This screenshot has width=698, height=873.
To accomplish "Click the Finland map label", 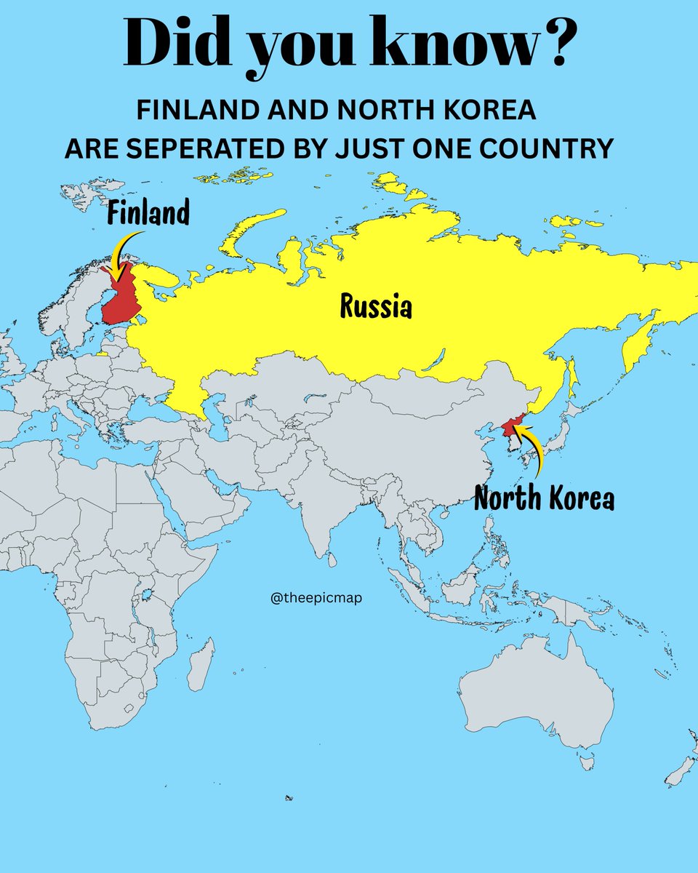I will click(x=148, y=213).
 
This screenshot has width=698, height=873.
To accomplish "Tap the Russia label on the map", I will click(x=376, y=308).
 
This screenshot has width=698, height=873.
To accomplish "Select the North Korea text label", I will click(x=544, y=499).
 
